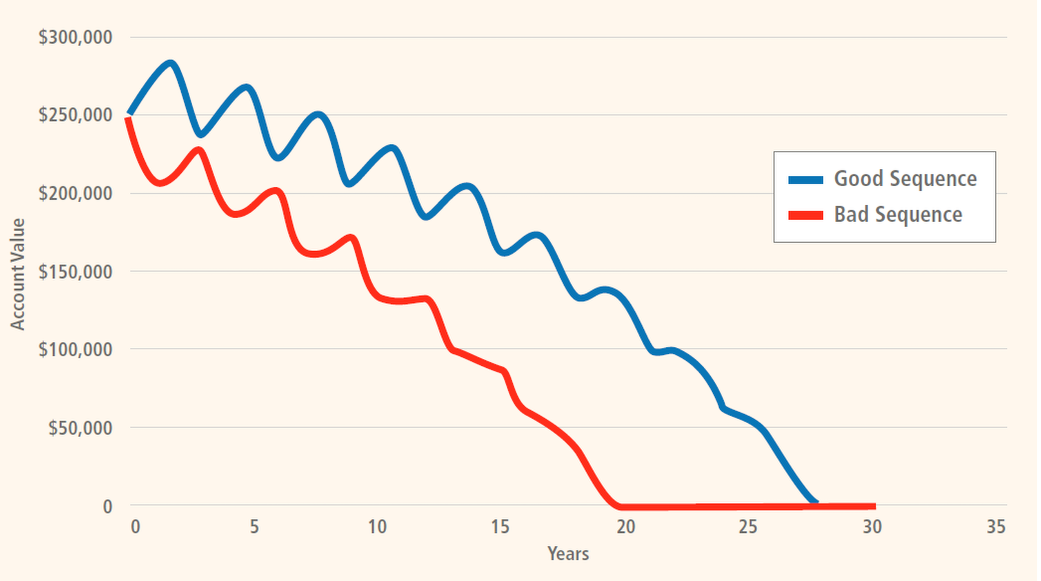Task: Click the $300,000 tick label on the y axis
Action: (75, 37)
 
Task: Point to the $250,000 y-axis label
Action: (75, 115)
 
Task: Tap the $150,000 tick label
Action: (75, 271)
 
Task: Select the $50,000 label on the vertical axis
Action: (80, 428)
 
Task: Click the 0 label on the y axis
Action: (107, 507)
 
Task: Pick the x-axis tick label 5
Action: (254, 527)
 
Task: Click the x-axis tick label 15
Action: (500, 527)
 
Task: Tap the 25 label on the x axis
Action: (748, 527)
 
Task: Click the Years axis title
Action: (568, 554)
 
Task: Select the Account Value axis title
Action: (18, 274)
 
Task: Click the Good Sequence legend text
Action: (905, 179)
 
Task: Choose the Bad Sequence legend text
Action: (898, 215)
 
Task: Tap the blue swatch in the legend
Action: (805, 180)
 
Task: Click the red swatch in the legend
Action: (805, 215)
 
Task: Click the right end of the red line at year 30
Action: (874, 506)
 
